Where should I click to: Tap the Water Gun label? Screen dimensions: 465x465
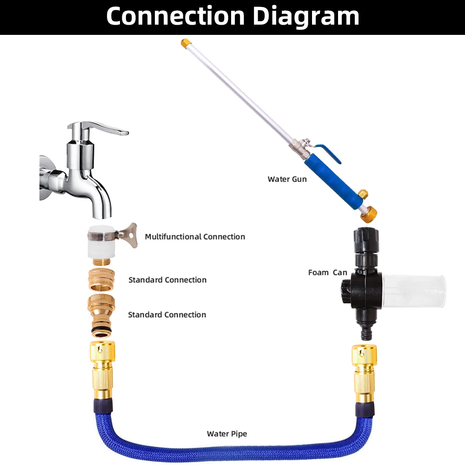[287, 179]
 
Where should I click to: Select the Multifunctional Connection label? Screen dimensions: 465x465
[195, 237]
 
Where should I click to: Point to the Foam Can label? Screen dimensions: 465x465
[327, 272]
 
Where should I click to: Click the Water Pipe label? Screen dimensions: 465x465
[227, 434]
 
